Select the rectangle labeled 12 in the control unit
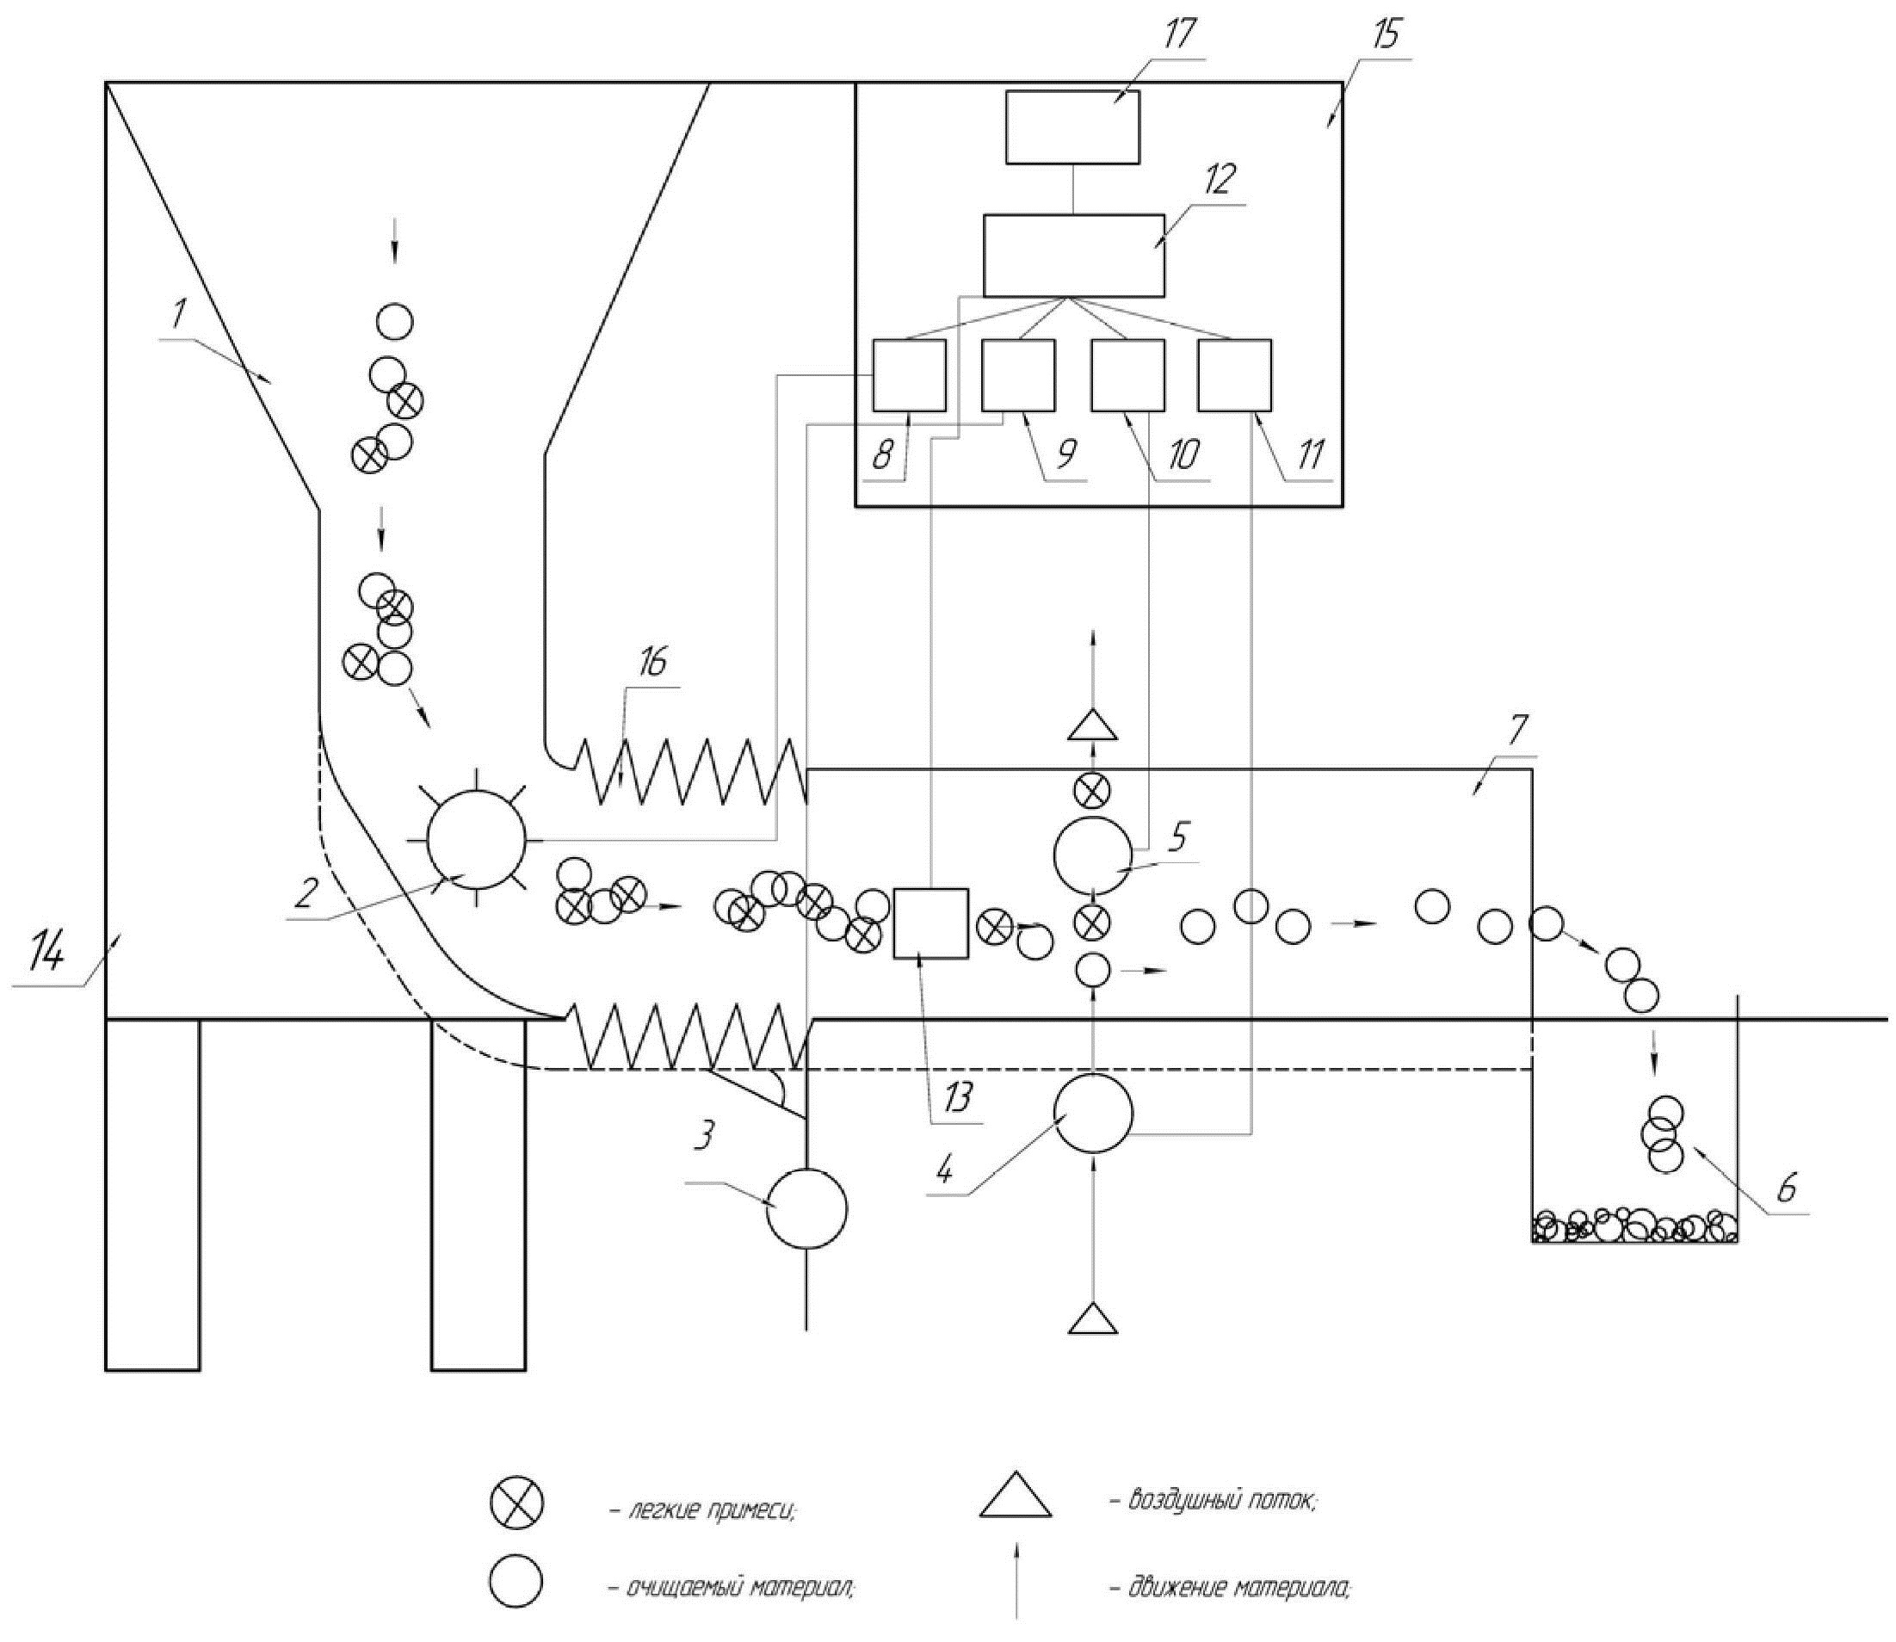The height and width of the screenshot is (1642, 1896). pyautogui.click(x=1074, y=256)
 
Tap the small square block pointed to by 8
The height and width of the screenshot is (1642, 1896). pyautogui.click(x=908, y=374)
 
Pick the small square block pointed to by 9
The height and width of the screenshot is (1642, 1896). pyautogui.click(x=1018, y=374)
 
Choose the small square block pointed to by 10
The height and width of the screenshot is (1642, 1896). pyautogui.click(x=1127, y=374)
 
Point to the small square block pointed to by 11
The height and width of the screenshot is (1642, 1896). pyautogui.click(x=1234, y=374)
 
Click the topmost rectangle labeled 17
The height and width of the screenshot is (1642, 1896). pyautogui.click(x=1073, y=127)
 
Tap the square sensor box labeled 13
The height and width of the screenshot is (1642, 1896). pyautogui.click(x=930, y=923)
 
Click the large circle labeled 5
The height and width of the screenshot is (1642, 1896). pyautogui.click(x=1092, y=855)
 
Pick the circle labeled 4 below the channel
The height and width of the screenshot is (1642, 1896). pyautogui.click(x=1093, y=1114)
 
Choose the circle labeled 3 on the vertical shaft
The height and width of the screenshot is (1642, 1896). pyautogui.click(x=806, y=1208)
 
